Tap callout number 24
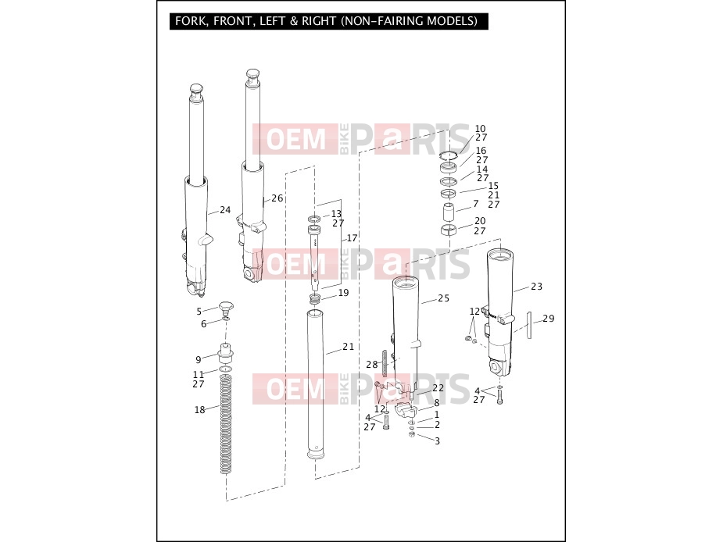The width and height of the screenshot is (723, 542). coord(225,210)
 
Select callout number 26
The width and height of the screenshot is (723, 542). coord(277,198)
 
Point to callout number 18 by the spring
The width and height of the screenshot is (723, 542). coord(199,410)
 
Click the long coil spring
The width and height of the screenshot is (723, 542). coord(225,424)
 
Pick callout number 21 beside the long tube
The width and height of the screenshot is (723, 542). coord(348,347)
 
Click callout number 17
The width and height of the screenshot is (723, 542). coord(352,238)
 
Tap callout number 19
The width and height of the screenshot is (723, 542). coord(343,293)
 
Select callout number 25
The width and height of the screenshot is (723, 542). coord(444,298)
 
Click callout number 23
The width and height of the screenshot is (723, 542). coord(537,287)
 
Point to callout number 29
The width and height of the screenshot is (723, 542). coord(548,319)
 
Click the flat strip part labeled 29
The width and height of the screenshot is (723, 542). coord(529,325)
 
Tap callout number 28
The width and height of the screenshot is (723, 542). coord(372,365)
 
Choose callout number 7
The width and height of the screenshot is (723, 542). coord(476,203)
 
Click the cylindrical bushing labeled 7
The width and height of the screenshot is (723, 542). coord(449,212)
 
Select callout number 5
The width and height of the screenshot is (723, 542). coord(199,312)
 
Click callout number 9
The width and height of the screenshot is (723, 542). coord(199,359)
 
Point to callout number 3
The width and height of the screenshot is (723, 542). coord(437,441)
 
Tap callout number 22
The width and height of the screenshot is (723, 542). coord(438,388)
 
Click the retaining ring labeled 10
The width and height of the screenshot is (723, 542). coord(448,155)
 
